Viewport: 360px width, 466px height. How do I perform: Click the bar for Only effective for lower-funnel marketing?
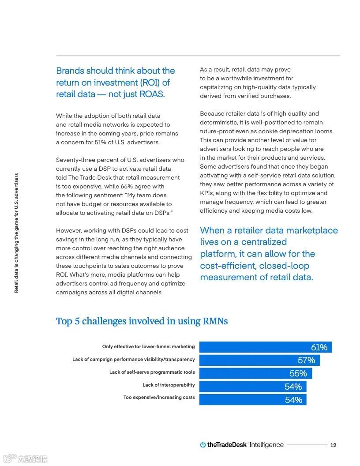(265, 347)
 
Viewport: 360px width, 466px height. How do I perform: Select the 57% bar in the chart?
(259, 360)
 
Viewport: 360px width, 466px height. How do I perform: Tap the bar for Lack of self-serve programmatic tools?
(255, 373)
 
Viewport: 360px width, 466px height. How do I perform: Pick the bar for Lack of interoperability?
(252, 387)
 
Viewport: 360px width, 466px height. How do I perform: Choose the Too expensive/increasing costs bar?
(252, 400)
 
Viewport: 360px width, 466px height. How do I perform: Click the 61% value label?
(319, 347)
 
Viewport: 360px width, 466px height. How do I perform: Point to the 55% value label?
(298, 374)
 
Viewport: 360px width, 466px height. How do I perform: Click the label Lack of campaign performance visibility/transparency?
(133, 360)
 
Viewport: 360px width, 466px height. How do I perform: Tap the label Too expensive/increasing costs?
(159, 398)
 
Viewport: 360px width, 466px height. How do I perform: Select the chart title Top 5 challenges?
(142, 321)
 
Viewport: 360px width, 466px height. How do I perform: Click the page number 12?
(333, 445)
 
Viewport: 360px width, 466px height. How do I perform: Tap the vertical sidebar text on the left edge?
(16, 233)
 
